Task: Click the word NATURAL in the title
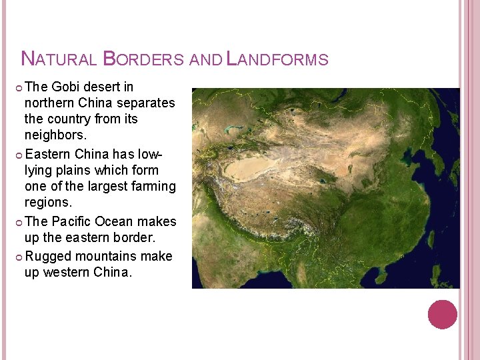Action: pyautogui.click(x=59, y=59)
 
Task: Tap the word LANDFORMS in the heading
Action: pyautogui.click(x=277, y=59)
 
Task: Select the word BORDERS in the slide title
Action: pyautogui.click(x=143, y=59)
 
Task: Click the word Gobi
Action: pyautogui.click(x=65, y=87)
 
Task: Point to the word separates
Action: pyautogui.click(x=145, y=103)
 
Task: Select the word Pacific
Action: pyautogui.click(x=72, y=221)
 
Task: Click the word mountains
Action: pyautogui.click(x=107, y=256)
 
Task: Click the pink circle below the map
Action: pyautogui.click(x=442, y=315)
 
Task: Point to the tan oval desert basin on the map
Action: pyautogui.click(x=253, y=167)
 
